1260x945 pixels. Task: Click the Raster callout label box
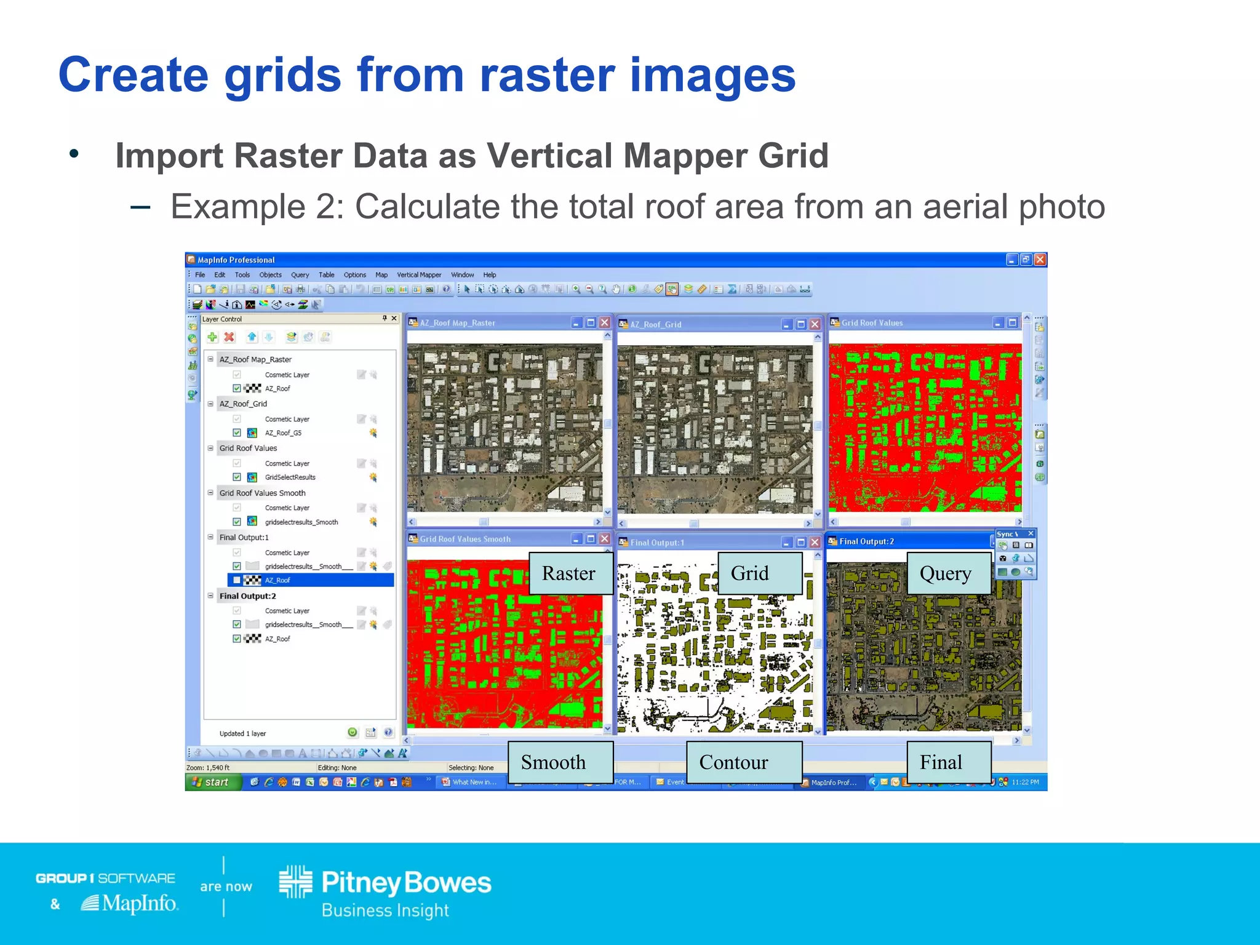tap(569, 573)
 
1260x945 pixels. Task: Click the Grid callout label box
tap(750, 573)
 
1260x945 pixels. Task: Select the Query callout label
tap(946, 573)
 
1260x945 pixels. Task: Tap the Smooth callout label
tap(554, 762)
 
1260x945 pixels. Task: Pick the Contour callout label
tap(734, 762)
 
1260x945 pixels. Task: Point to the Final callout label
tap(941, 762)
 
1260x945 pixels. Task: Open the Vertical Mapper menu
tap(419, 275)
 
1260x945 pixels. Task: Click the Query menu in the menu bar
tap(300, 275)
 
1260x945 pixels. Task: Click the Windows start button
tap(212, 782)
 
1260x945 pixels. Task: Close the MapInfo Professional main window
tap(1040, 260)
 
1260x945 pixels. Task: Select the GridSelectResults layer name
tap(290, 477)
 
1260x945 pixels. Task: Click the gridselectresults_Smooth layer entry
tap(301, 522)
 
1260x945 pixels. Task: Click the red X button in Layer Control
tap(229, 337)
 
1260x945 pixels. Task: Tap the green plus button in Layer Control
tap(212, 337)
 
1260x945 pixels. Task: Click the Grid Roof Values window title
tap(872, 323)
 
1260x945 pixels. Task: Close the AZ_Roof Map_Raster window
tap(605, 323)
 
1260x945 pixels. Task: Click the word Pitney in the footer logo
tap(361, 883)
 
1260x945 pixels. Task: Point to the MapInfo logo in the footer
tap(130, 903)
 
